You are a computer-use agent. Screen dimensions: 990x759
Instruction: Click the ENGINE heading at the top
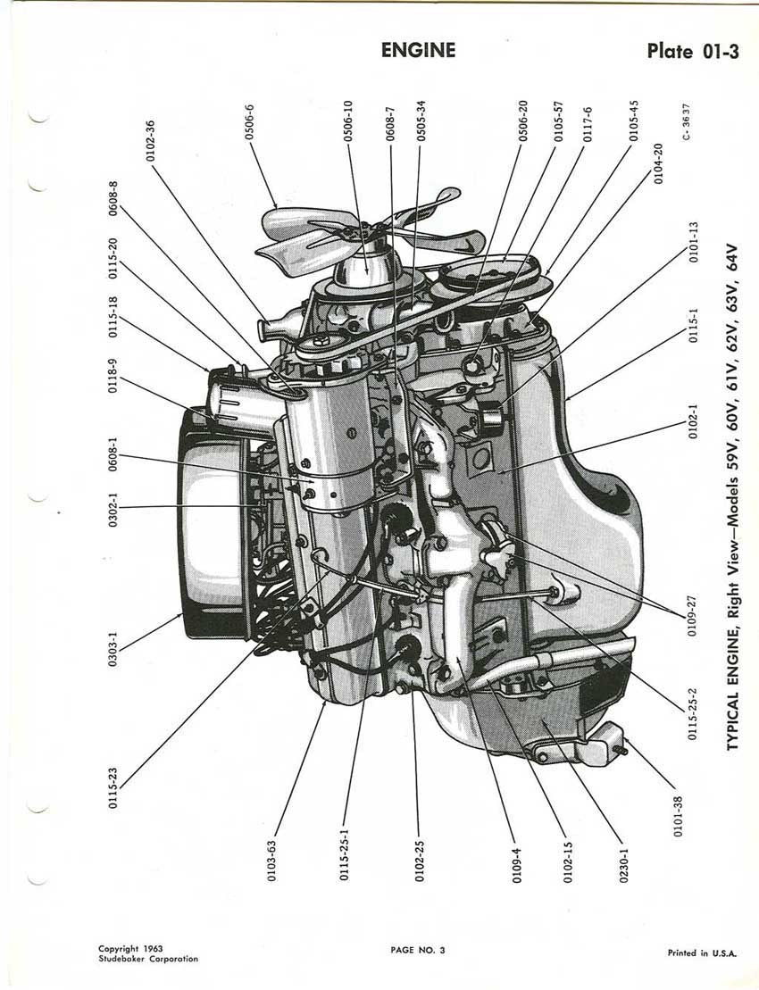pos(418,50)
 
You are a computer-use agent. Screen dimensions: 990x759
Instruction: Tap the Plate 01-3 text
pos(693,50)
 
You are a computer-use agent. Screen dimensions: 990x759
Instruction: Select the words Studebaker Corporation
pos(148,959)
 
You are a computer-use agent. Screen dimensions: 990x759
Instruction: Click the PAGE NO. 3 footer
pos(417,949)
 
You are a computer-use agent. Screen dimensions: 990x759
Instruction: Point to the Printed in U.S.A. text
pos(702,953)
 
